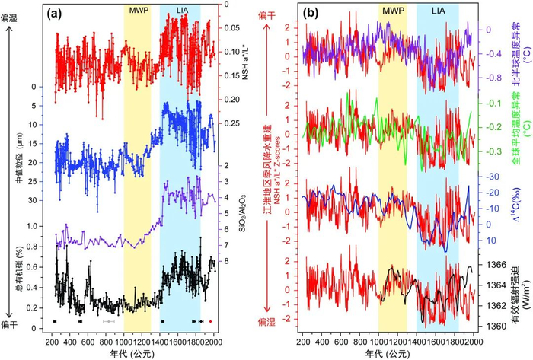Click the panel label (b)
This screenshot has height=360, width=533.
pyautogui.click(x=314, y=14)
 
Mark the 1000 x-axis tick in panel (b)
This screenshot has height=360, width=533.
pyautogui.click(x=378, y=339)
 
